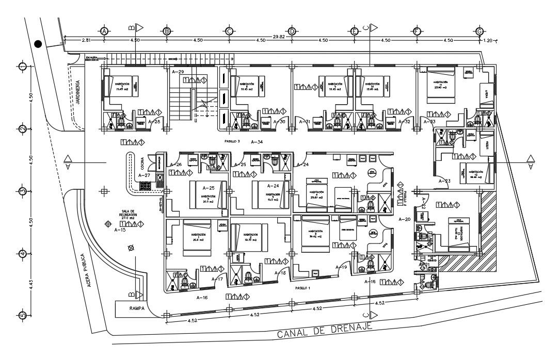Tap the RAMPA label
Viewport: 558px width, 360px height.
(x=127, y=308)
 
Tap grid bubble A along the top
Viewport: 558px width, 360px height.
(x=104, y=31)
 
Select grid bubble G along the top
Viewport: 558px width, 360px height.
(x=480, y=31)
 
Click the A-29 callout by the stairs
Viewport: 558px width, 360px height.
(x=178, y=72)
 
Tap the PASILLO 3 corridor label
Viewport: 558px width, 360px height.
(x=232, y=140)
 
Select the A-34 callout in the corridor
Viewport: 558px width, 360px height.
(x=257, y=141)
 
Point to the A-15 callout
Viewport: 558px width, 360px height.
(x=120, y=230)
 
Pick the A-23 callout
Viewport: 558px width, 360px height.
(x=444, y=181)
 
